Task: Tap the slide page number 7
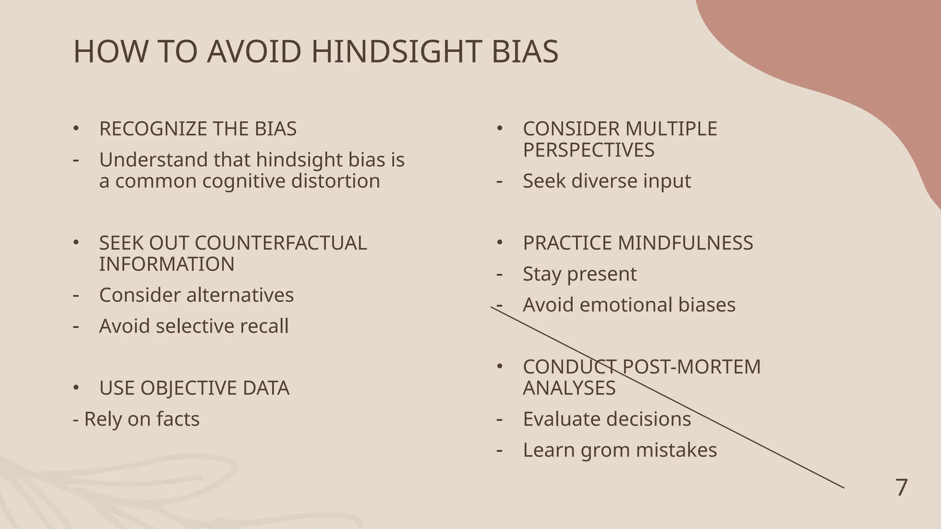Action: pyautogui.click(x=901, y=488)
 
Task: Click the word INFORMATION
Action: pyautogui.click(x=167, y=264)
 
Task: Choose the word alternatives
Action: pyautogui.click(x=238, y=295)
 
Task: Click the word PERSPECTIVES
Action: pyautogui.click(x=589, y=150)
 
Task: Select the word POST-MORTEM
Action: pyautogui.click(x=692, y=367)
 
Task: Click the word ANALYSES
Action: pyautogui.click(x=569, y=388)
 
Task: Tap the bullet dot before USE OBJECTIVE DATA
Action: pyautogui.click(x=76, y=388)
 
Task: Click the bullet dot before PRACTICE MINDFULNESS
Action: pyautogui.click(x=500, y=242)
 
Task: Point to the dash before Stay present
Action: pyautogui.click(x=499, y=275)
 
